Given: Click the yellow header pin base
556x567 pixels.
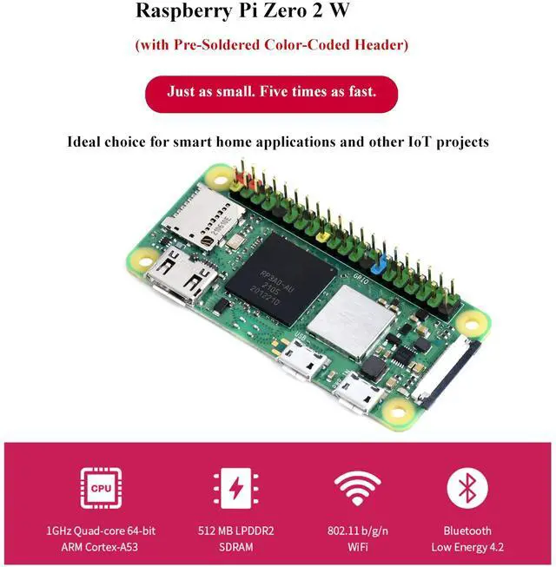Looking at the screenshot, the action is tap(323, 234).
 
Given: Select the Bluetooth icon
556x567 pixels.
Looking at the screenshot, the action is tap(467, 488).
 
